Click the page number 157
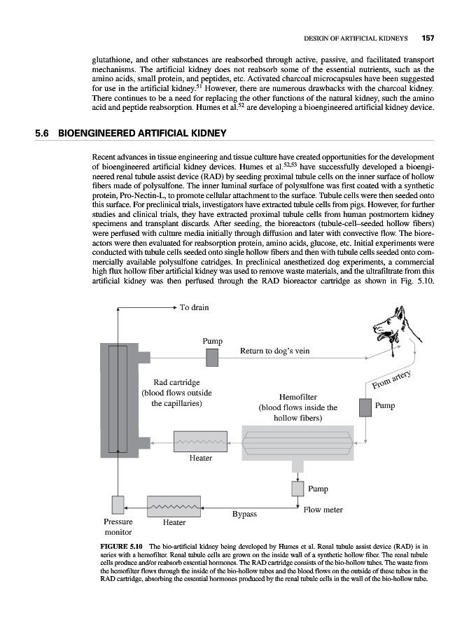428,37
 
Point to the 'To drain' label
194,307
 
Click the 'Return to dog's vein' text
274,351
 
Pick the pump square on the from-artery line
364,407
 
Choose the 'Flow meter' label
323,510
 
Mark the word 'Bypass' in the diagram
244,514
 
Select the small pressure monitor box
118,504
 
